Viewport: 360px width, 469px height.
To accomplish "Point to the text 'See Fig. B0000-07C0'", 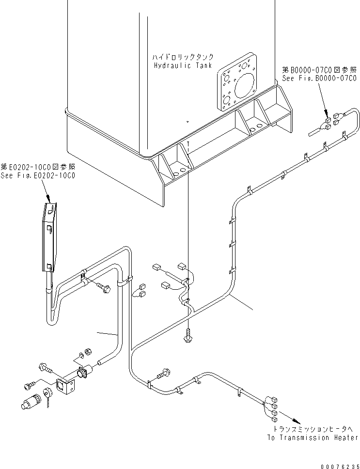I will (x=319, y=78).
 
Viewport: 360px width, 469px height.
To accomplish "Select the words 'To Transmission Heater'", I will (x=313, y=438).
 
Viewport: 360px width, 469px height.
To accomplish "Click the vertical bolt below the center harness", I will (x=188, y=336).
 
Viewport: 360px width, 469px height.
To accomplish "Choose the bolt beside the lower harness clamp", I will (x=163, y=373).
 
